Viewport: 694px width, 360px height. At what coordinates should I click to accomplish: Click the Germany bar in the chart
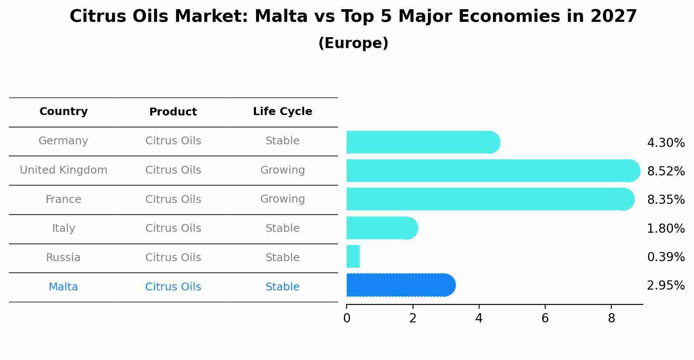[x=423, y=142]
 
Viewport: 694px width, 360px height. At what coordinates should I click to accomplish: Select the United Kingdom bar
[x=493, y=171]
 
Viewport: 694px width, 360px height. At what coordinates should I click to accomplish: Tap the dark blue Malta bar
[x=400, y=285]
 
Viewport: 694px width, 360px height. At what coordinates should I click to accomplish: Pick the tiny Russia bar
[x=353, y=256]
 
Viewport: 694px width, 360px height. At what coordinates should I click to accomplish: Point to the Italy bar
[x=382, y=228]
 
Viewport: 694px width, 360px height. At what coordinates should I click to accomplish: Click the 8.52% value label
[x=666, y=171]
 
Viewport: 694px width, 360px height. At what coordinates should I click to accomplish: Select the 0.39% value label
[x=666, y=257]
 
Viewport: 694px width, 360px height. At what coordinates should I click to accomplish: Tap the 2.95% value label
[x=666, y=286]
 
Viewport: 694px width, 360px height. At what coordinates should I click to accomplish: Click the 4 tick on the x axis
[x=479, y=318]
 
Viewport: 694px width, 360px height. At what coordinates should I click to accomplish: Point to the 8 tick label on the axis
[x=611, y=318]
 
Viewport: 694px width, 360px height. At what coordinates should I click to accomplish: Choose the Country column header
[x=63, y=112]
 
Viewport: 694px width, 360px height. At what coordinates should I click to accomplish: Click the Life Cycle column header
[x=282, y=112]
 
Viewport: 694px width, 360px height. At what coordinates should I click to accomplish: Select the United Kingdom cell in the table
[x=63, y=170]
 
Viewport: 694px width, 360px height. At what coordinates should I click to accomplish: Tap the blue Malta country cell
[x=63, y=287]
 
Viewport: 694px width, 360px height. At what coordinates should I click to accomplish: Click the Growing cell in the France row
[x=282, y=199]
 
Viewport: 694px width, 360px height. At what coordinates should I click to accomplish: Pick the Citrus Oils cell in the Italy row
[x=173, y=228]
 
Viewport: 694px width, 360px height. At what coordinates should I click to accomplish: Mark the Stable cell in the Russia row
[x=282, y=258]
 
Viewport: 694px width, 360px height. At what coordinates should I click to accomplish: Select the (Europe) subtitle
[x=353, y=43]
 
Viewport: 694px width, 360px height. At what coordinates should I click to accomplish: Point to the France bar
[x=490, y=199]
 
